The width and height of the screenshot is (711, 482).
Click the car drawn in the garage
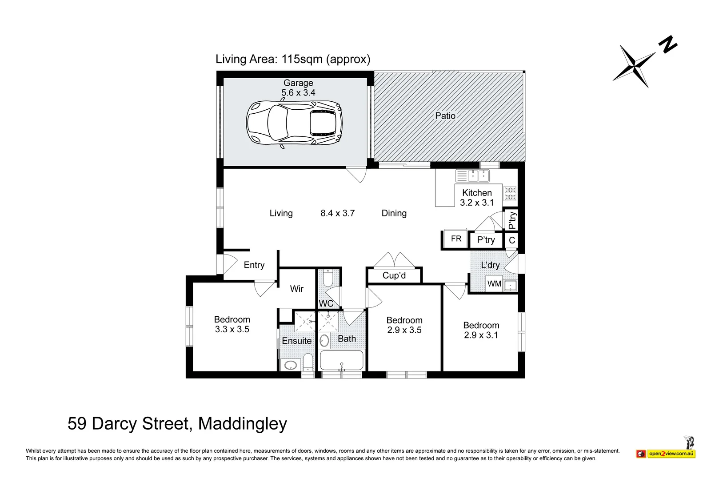(x=294, y=123)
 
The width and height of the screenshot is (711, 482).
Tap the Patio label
(x=445, y=116)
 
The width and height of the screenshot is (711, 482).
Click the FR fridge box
(x=456, y=238)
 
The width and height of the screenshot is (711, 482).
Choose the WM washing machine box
(x=494, y=283)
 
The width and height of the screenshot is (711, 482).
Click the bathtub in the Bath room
(x=342, y=360)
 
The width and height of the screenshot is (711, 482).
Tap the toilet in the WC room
(x=328, y=278)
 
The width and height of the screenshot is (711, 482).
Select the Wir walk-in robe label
(x=296, y=289)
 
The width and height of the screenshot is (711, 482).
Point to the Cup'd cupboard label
(x=394, y=275)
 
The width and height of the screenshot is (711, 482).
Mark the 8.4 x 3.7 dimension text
(x=337, y=213)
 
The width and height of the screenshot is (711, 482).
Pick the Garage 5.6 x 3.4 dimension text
(x=298, y=93)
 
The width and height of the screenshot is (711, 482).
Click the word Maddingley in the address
(x=243, y=424)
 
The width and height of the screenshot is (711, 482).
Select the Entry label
(x=254, y=265)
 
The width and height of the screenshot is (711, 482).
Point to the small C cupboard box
(x=511, y=240)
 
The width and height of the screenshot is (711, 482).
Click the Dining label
(x=394, y=213)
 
